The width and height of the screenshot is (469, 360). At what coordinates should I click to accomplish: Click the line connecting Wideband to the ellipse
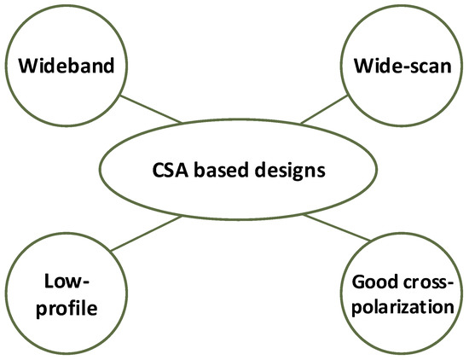pos(150,109)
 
